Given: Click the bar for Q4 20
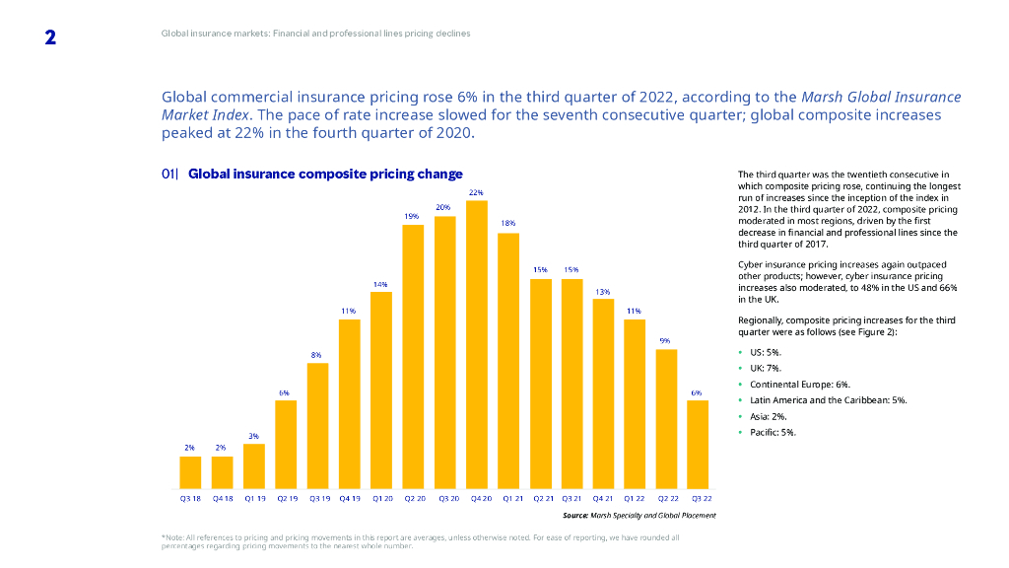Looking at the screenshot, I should tap(477, 345).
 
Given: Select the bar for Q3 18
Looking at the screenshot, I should tap(190, 472).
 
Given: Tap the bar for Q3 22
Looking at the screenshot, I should tap(698, 445).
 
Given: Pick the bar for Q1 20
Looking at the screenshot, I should tap(381, 390).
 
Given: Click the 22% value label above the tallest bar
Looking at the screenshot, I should tap(476, 192).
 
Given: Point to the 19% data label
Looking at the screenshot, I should tap(412, 216).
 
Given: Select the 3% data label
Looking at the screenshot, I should tap(253, 435).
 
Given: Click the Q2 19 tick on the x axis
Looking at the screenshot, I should tap(286, 499).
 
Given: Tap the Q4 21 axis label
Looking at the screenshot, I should tap(603, 499).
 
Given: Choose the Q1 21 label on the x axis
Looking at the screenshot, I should tap(508, 499).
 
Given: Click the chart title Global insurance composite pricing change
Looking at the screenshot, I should tap(325, 175).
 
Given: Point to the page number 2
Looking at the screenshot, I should tap(50, 38).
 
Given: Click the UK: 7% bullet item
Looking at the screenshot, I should tap(766, 368).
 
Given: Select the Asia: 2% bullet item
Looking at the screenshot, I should tap(768, 416).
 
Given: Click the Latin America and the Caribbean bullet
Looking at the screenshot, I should tap(828, 400).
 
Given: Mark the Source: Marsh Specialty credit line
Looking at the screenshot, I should tap(639, 516).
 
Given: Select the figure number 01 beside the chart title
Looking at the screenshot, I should tap(168, 175).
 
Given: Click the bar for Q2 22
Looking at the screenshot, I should tap(666, 419).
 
